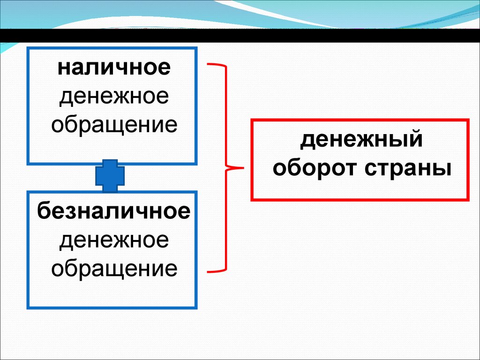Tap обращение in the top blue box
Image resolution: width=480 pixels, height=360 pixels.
click(114, 125)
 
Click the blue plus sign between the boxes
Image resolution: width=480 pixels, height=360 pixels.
click(111, 176)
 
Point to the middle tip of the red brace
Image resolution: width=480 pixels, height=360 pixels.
click(244, 167)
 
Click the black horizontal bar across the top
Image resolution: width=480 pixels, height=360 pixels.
click(240, 36)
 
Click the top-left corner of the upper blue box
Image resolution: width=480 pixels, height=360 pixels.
click(28, 48)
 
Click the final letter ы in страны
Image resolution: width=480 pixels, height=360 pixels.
click(444, 169)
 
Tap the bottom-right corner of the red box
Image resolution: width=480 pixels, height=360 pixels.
click(468, 200)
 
